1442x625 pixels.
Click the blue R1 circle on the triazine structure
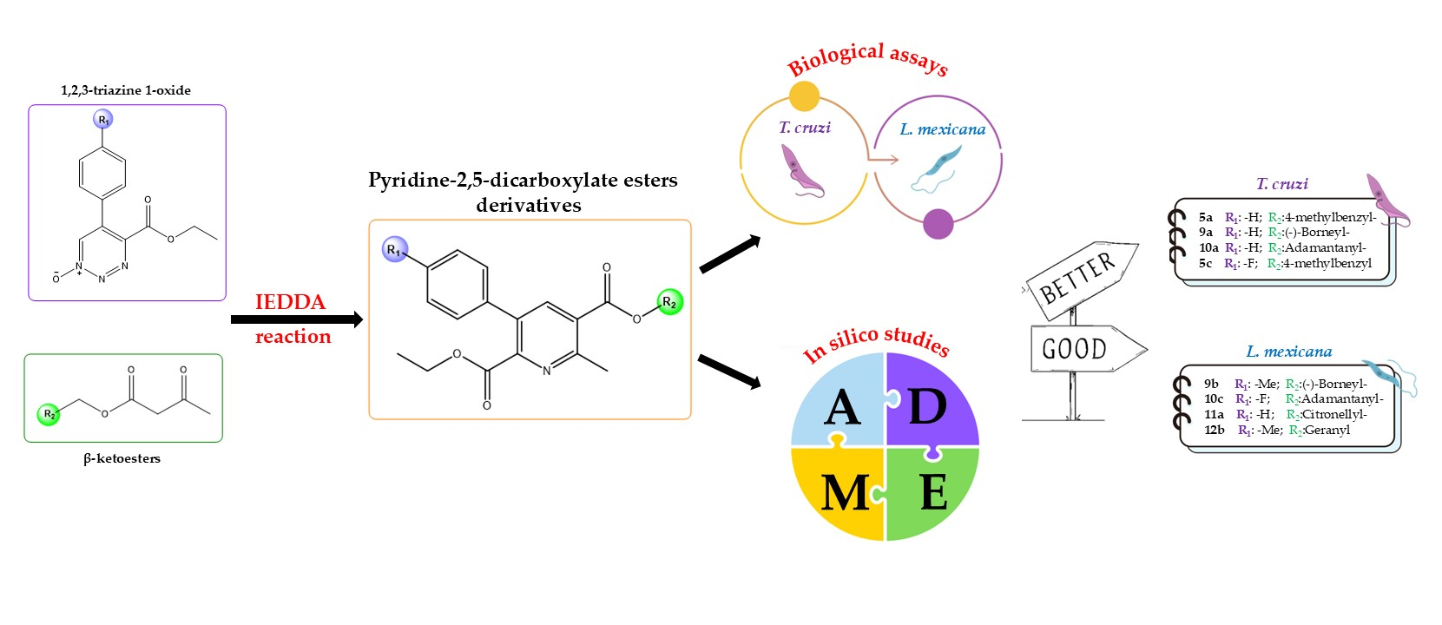tap(104, 120)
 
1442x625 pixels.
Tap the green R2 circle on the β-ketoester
tap(49, 414)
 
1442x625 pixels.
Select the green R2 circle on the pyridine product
tap(669, 302)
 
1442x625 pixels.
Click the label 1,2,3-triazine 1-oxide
tap(126, 90)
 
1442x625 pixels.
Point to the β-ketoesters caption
tap(122, 458)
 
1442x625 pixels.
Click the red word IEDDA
tap(290, 302)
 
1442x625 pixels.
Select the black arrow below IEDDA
tap(296, 319)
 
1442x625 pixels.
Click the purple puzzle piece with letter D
tap(932, 401)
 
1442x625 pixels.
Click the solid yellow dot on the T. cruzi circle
tap(805, 96)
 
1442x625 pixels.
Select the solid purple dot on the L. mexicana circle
tap(938, 224)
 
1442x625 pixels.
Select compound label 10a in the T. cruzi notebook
tap(1208, 248)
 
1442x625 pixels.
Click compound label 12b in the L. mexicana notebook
tap(1214, 430)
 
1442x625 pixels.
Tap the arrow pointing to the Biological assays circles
tap(729, 254)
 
